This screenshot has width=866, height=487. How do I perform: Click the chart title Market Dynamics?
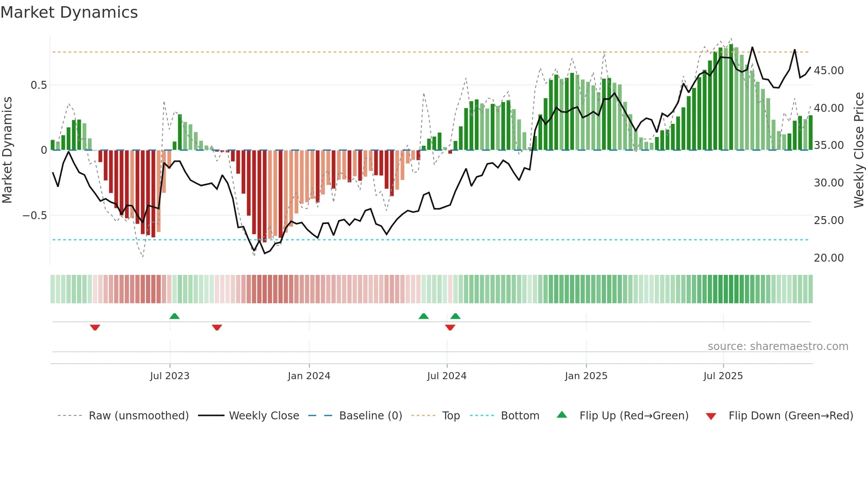point(69,12)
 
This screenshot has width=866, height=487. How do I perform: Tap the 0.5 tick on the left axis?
point(38,85)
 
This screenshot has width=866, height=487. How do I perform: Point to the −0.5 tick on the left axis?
point(34,216)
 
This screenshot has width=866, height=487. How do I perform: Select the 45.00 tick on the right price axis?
point(828,71)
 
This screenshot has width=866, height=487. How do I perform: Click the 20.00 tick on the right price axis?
point(828,258)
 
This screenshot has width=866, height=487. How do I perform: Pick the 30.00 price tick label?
point(828,183)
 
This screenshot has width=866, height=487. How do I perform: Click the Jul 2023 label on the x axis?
point(170,376)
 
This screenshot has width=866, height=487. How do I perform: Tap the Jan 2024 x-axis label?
point(309,376)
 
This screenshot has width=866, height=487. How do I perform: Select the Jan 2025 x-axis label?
point(586,376)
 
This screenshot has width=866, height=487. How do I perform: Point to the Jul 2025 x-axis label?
point(723,376)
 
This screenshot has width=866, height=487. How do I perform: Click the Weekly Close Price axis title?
point(858,150)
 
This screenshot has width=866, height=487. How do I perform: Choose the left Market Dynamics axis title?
point(7,150)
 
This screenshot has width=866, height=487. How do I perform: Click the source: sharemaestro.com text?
point(778,346)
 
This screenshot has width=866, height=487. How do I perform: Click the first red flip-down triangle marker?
point(95,327)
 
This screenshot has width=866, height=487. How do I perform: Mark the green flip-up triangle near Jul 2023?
point(175,316)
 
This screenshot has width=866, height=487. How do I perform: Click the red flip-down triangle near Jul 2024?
point(450,327)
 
